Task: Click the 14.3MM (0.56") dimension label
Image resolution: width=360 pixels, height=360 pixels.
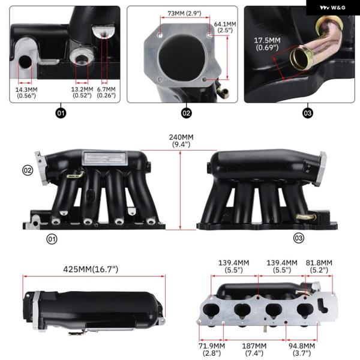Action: point(26,93)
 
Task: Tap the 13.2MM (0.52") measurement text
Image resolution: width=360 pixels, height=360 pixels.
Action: point(82,92)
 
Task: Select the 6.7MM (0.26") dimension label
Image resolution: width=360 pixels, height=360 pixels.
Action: point(106,92)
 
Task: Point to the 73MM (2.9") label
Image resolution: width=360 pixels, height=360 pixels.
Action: point(184,13)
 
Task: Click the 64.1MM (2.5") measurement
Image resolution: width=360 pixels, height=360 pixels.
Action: point(225,27)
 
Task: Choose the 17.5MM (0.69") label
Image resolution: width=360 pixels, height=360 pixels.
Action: point(267,44)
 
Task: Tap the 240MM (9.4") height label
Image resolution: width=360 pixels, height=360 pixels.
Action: point(181,140)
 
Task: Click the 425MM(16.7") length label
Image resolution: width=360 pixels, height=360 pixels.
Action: point(91,269)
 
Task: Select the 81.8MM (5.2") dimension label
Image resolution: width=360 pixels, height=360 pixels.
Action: point(319,266)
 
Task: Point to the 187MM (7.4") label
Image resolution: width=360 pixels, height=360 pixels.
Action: point(254,349)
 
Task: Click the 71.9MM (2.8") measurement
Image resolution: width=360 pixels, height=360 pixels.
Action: point(212,349)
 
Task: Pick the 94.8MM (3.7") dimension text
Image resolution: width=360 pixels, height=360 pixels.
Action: point(302,349)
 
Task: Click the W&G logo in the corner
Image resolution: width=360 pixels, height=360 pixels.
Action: point(332,8)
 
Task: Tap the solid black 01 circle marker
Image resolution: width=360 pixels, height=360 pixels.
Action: point(61,113)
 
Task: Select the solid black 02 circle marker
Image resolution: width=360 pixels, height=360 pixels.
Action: point(186,113)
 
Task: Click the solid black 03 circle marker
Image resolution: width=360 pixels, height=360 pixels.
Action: point(307,113)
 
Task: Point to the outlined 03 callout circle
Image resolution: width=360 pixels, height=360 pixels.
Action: point(299,238)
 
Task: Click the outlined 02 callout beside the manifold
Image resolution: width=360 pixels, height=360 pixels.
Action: point(28,170)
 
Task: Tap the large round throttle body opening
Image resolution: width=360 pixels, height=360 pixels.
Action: point(179,56)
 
